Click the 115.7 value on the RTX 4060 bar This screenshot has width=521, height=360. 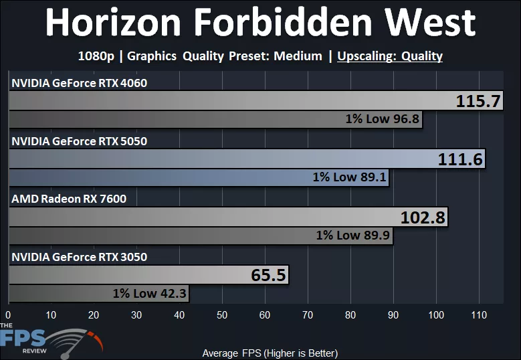coord(478,101)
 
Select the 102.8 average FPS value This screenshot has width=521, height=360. coord(423,217)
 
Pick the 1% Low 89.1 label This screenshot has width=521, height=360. coord(349,178)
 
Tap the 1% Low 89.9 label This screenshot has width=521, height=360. coord(353,236)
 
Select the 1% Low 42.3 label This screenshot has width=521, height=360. coord(150,293)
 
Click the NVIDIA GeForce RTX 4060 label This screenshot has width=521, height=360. coord(79,83)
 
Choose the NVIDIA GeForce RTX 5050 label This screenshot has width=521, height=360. coord(79,141)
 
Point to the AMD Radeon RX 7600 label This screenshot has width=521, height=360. coord(68,199)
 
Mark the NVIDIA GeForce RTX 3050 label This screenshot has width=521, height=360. coord(79,257)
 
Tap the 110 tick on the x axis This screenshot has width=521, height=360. coord(479,315)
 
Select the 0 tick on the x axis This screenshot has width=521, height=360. coord(8,315)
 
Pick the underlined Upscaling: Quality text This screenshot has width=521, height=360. coord(390,56)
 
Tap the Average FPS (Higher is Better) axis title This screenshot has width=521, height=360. coord(270,353)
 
